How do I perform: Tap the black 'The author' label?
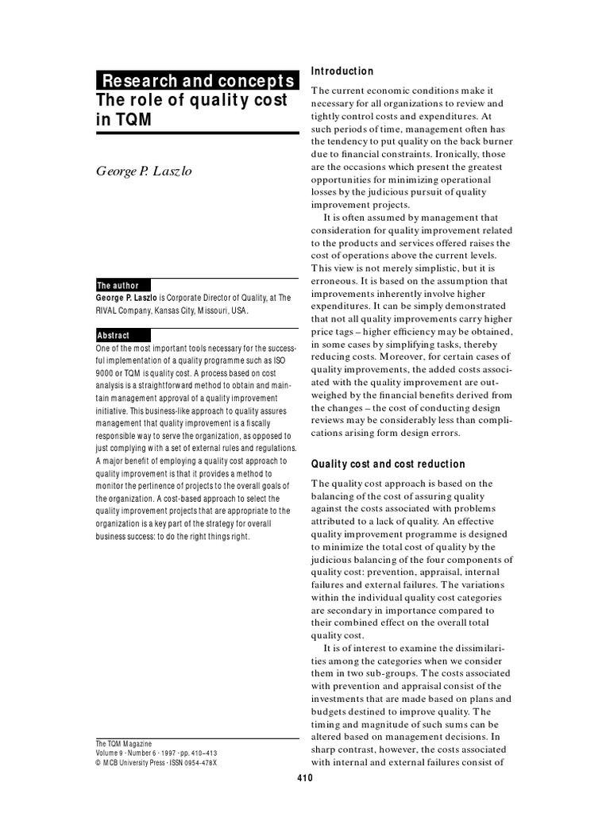click(x=118, y=286)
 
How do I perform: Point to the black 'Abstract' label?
click(x=113, y=336)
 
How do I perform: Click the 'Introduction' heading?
click(x=342, y=71)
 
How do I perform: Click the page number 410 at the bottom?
click(x=305, y=778)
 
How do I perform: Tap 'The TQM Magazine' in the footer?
click(x=123, y=743)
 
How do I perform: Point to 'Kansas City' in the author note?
click(x=176, y=310)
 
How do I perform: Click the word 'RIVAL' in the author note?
click(x=109, y=310)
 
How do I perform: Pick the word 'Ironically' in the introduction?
click(x=458, y=155)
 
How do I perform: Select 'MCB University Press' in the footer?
click(x=133, y=762)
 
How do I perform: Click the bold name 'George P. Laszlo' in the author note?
click(x=124, y=298)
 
